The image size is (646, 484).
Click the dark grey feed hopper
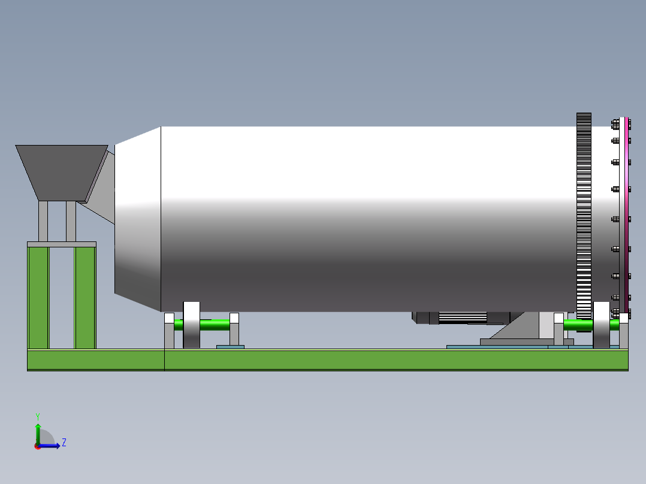point(61,171)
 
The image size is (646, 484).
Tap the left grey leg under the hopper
point(43,220)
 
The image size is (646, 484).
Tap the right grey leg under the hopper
point(71,220)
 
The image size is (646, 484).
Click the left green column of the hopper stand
point(38,297)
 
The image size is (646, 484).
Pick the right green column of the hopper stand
point(85,297)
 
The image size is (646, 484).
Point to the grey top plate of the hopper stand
point(61,244)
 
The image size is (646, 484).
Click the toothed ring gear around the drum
point(584,216)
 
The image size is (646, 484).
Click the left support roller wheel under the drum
point(191,325)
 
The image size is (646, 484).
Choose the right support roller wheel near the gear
point(601,325)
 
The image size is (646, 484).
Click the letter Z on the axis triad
point(64,443)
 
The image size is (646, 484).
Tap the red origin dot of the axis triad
point(37,446)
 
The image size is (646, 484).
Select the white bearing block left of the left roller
point(169,318)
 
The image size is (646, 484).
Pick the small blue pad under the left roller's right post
point(230,346)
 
